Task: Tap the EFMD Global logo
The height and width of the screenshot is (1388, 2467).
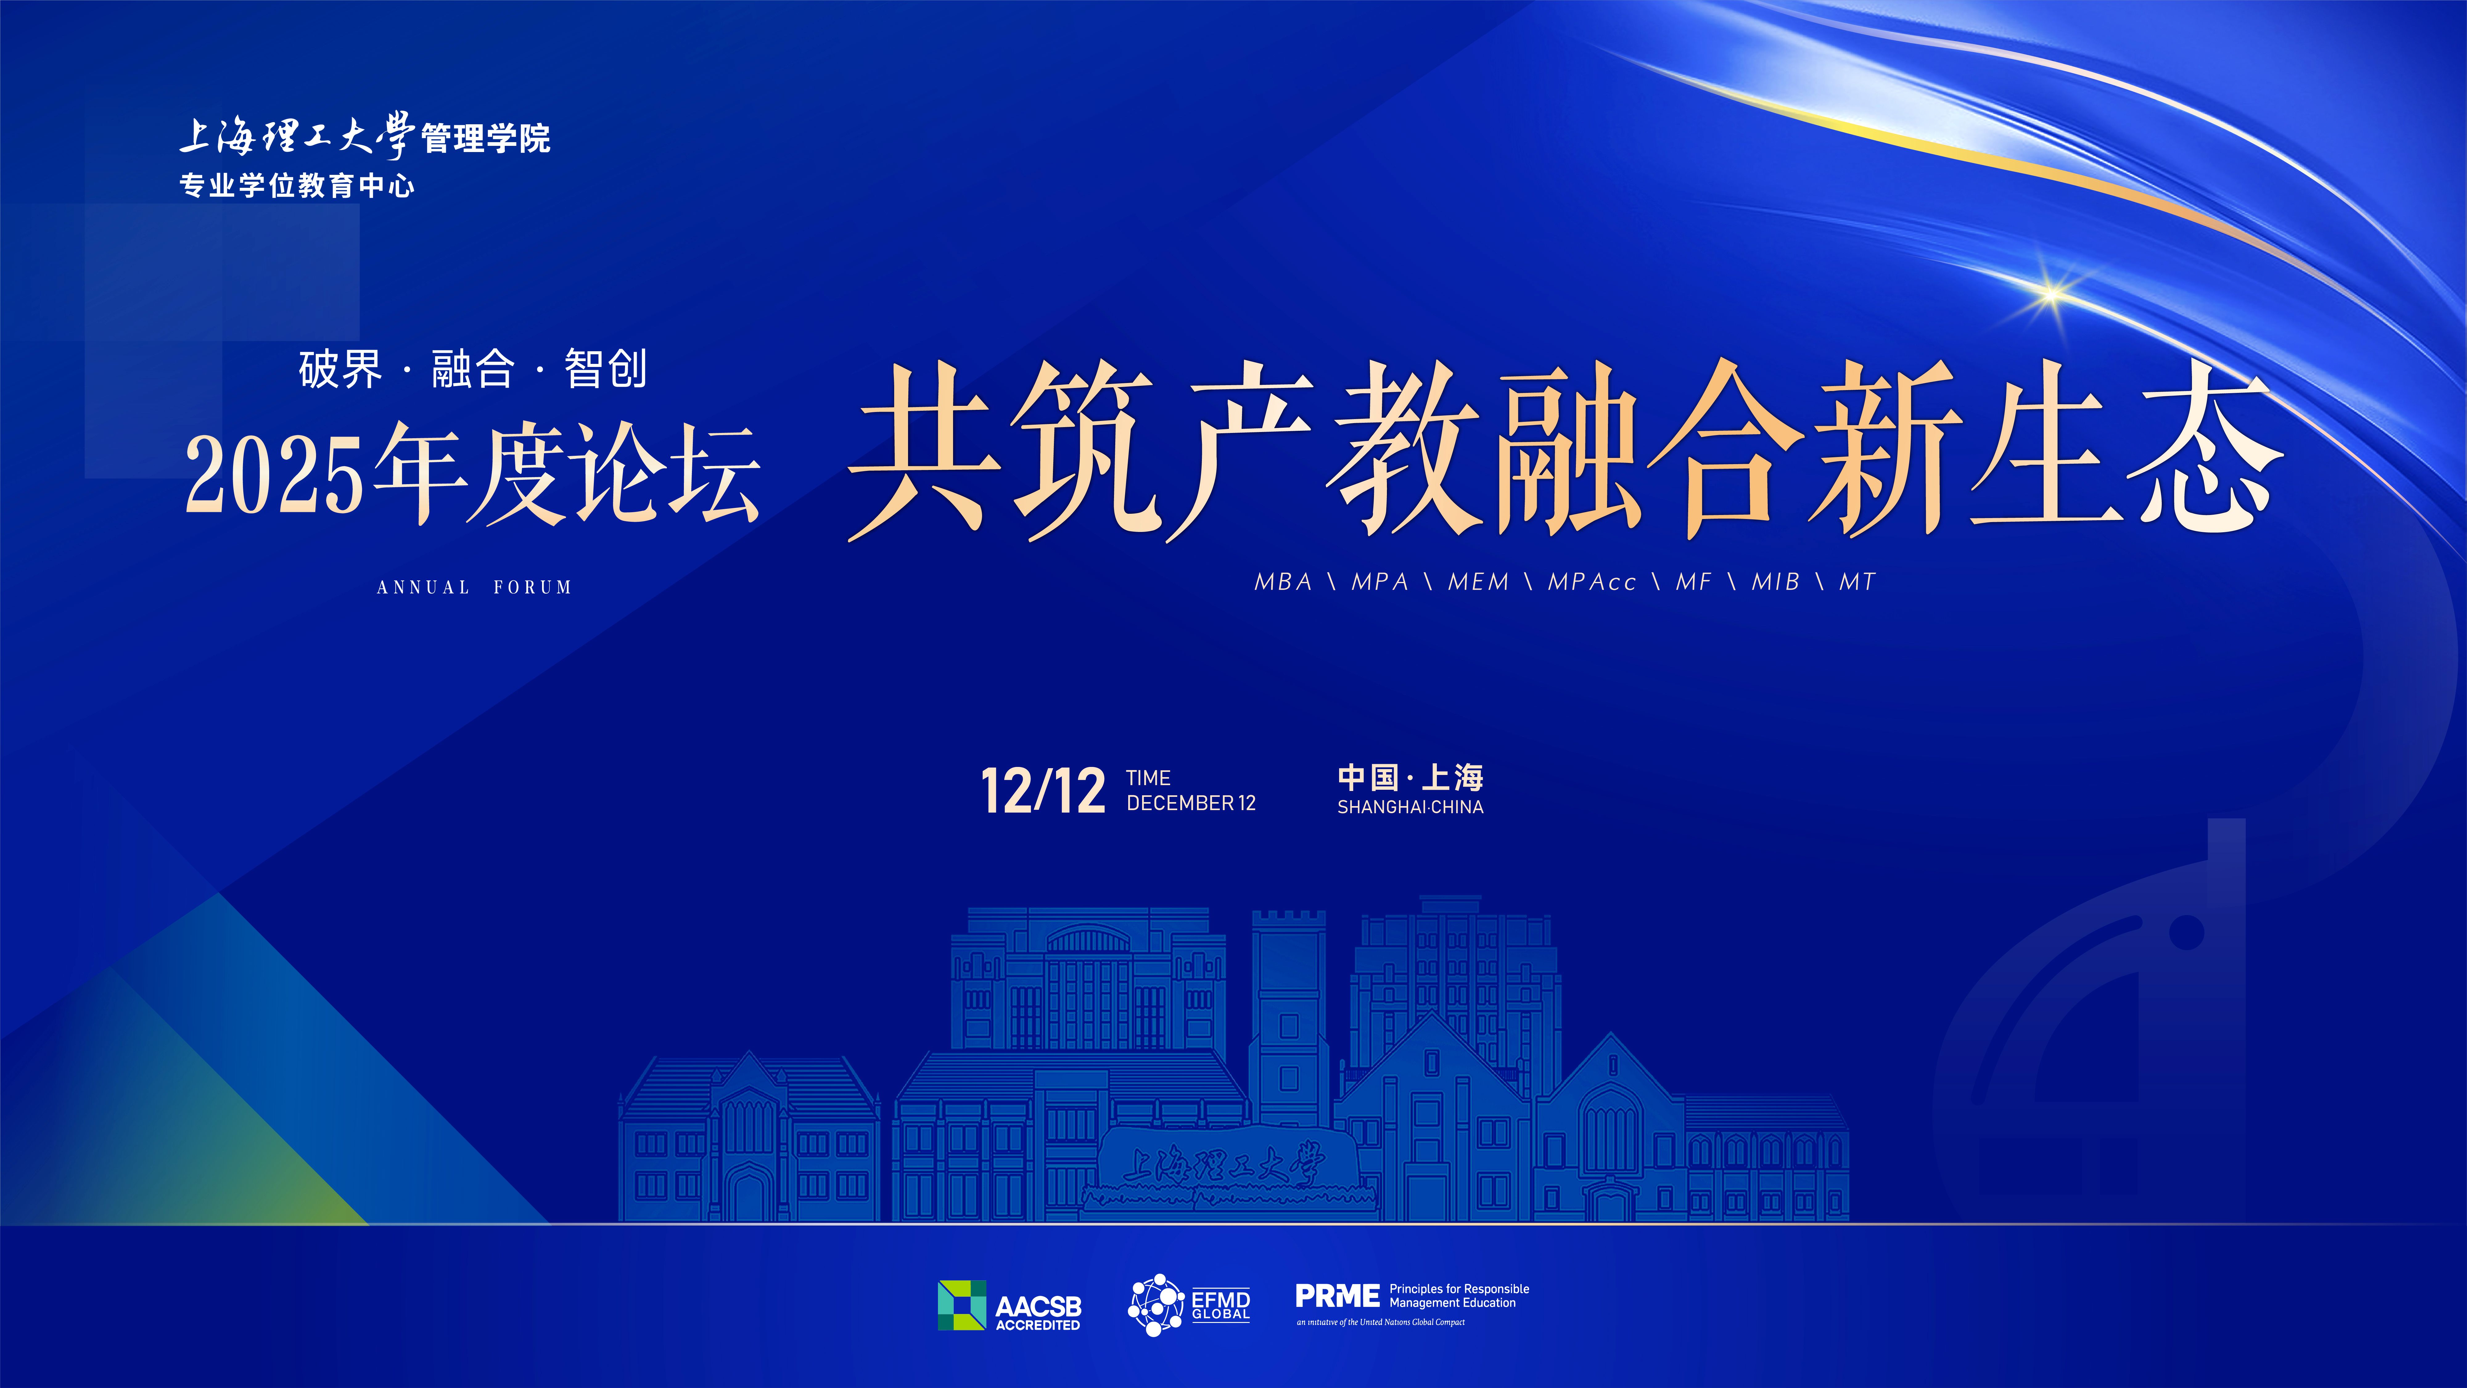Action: click(1189, 1305)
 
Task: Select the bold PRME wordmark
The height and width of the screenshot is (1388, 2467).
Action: click(1337, 1296)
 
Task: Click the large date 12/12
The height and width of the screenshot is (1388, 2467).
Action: click(1043, 791)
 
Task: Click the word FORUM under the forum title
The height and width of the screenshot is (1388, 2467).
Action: click(532, 587)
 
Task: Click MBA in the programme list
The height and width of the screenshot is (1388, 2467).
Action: click(1283, 582)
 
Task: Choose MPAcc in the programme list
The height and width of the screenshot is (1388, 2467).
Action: click(1592, 582)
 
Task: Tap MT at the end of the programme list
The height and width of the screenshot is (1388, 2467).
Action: click(1857, 582)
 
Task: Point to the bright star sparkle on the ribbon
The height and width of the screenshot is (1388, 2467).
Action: click(2051, 292)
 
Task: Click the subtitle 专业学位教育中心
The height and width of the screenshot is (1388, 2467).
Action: click(297, 185)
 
